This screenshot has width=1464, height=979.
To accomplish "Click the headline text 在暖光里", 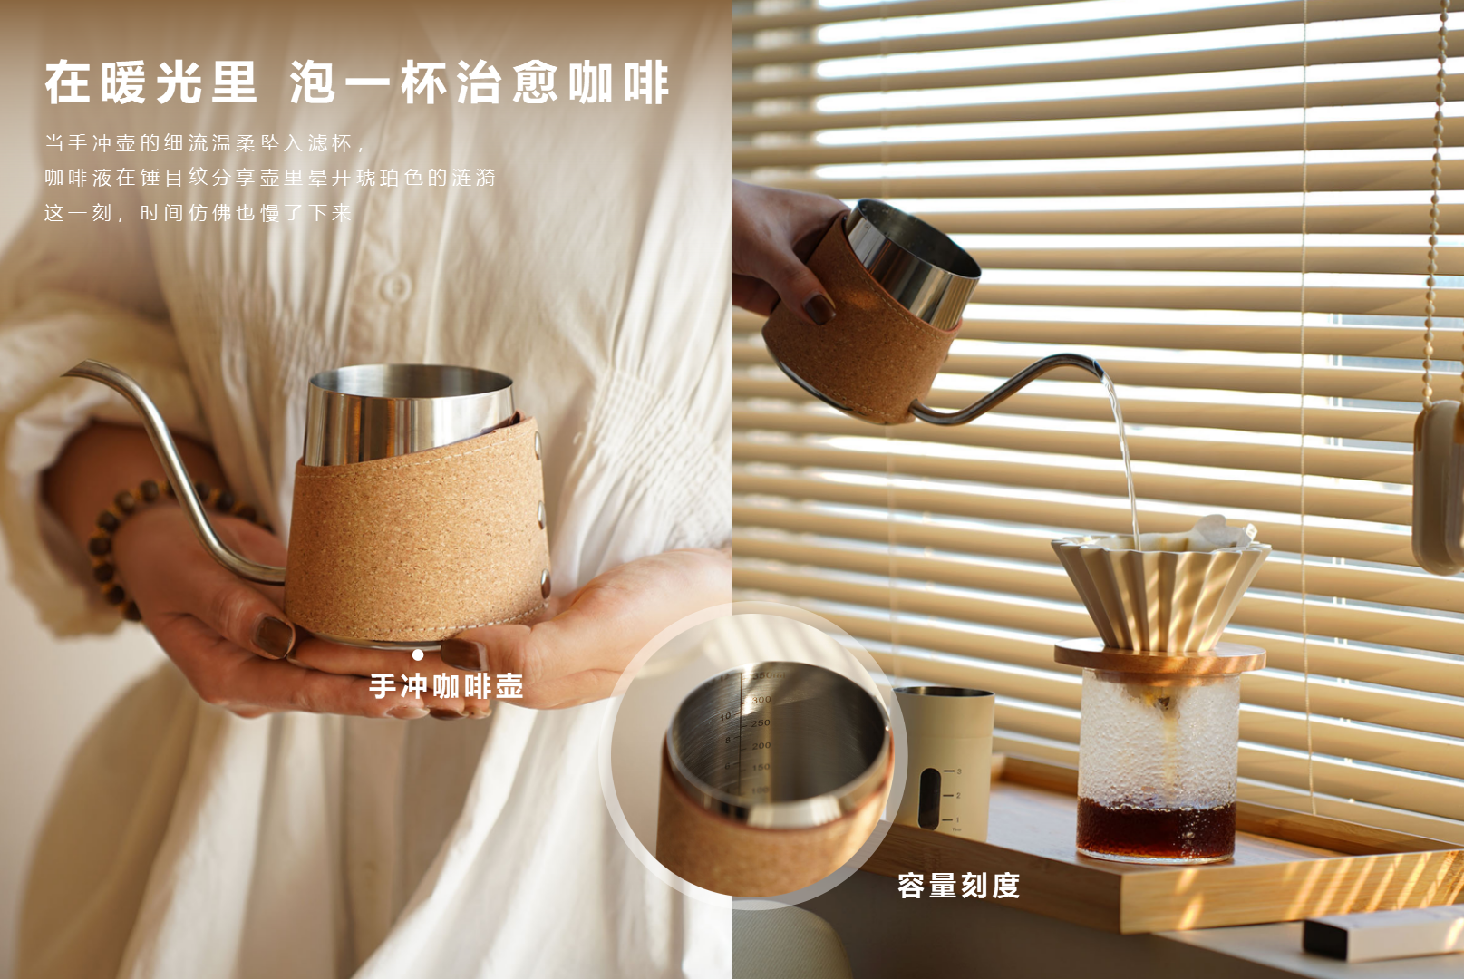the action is coord(151,82).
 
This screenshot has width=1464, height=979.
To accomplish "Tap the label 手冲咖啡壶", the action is coord(446,686).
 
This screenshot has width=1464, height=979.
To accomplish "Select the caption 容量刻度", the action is coord(958,886).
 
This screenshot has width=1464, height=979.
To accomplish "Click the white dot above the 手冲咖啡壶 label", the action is coord(418,654).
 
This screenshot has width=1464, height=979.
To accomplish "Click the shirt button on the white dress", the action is coord(396,286).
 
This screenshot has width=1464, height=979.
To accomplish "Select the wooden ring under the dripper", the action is coord(1160,656).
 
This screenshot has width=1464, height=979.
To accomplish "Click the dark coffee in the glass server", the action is coord(1156,829).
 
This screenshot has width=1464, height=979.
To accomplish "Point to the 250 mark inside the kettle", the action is coord(761,722).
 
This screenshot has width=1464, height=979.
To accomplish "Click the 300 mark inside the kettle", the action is coord(761,699).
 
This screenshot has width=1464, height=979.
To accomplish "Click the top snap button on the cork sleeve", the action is coord(538,445).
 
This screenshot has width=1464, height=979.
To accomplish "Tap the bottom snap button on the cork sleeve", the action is coord(545,584).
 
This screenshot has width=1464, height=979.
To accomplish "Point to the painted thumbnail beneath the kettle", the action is coord(273,635).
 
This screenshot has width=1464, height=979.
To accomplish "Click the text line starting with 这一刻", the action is coord(198,212).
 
